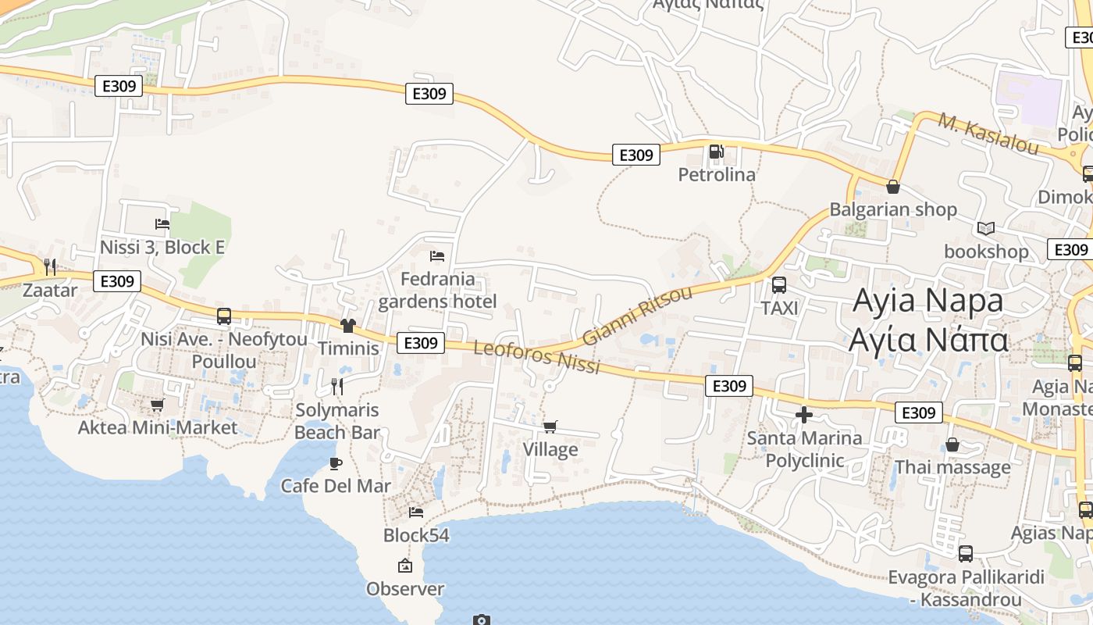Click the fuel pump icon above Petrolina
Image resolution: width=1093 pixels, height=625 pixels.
click(716, 152)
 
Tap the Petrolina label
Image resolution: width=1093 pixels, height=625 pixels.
click(717, 174)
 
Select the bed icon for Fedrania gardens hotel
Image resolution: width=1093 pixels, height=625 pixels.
click(437, 255)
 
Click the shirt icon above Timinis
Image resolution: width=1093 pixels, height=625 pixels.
click(347, 325)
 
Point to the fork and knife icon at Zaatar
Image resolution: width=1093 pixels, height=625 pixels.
click(50, 267)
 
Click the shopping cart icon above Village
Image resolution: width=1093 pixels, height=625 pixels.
click(550, 427)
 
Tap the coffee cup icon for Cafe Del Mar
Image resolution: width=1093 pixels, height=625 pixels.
click(336, 463)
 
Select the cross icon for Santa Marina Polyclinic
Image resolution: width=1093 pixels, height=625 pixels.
click(804, 415)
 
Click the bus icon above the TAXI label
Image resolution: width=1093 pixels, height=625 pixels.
click(779, 285)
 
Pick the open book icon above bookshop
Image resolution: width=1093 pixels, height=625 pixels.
click(986, 228)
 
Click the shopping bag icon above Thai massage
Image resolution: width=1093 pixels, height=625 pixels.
click(952, 445)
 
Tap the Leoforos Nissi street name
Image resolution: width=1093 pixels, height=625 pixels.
click(536, 356)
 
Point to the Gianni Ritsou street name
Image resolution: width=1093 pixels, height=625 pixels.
click(637, 316)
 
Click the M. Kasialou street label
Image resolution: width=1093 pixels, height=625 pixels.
click(988, 134)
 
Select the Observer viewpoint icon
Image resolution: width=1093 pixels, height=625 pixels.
click(404, 566)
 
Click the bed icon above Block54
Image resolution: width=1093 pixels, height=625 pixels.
click(416, 512)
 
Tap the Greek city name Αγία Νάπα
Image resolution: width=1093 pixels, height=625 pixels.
click(929, 340)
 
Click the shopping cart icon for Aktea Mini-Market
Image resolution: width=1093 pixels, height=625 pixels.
click(157, 405)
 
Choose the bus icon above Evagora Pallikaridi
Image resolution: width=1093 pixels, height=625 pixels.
click(966, 554)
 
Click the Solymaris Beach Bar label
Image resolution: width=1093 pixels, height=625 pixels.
click(337, 421)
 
